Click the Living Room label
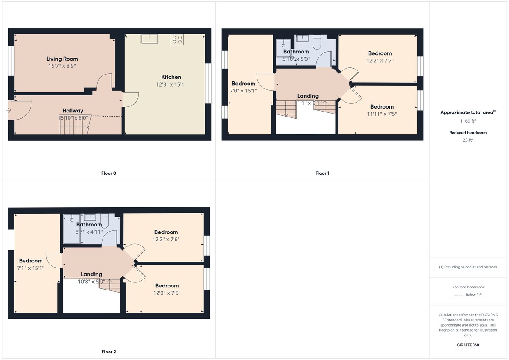tap(62, 59)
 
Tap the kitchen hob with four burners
tap(177, 40)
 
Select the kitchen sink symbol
tap(149, 39)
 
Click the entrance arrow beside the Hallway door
tap(9, 110)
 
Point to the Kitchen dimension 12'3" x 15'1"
tap(171, 84)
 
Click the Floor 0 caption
tap(109, 173)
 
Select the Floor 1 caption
tap(322, 173)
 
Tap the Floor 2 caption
tap(109, 352)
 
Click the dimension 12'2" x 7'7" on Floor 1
tap(380, 60)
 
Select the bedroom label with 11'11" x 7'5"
tap(382, 107)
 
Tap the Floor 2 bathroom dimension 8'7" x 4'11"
tap(89, 232)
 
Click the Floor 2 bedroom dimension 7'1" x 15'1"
tap(31, 268)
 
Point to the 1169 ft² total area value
tap(468, 120)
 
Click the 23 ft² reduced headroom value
tap(468, 140)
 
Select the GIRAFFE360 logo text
tap(468, 345)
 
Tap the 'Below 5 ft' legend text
tap(474, 295)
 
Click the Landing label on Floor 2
tap(92, 274)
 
